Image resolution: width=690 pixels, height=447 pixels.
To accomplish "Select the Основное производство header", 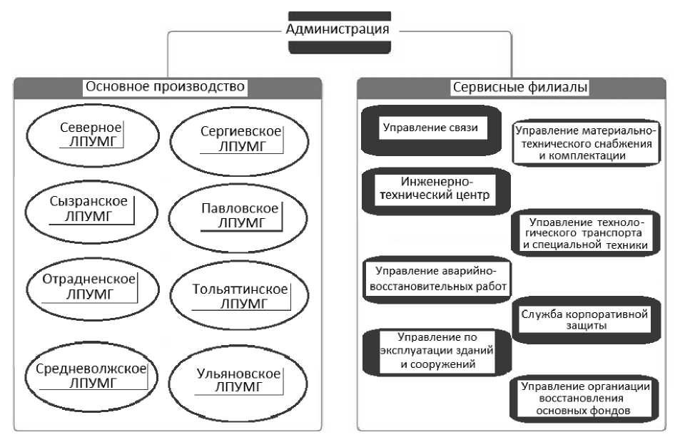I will click(165, 87).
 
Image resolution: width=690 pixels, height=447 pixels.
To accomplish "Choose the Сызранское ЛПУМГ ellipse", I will click(90, 208).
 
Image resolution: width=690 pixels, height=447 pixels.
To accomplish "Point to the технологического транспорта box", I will click(585, 233).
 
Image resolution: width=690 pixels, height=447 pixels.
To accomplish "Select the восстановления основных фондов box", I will click(584, 399).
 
